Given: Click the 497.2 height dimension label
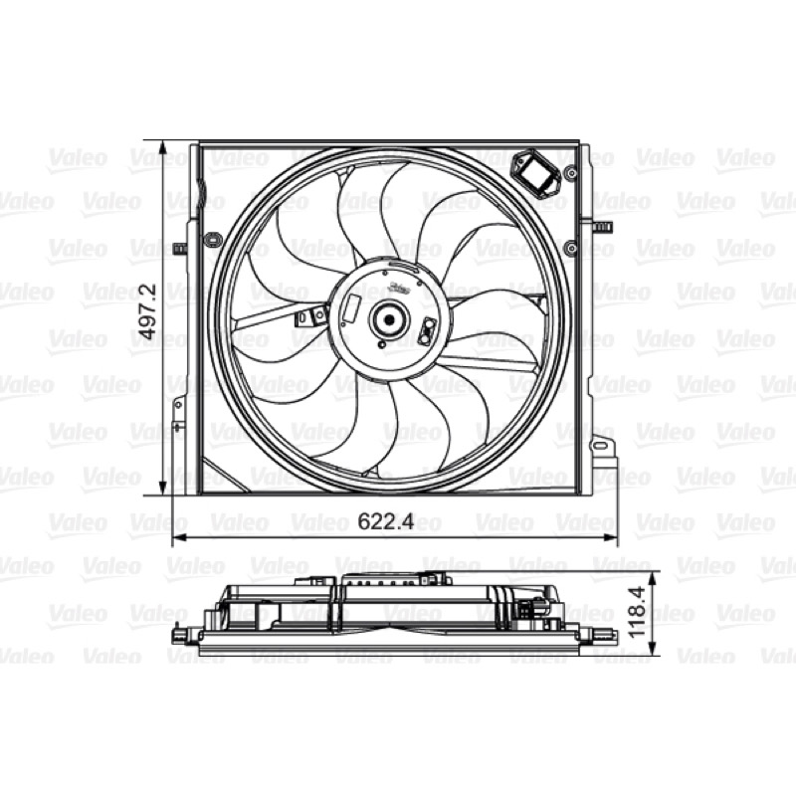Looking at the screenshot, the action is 147,311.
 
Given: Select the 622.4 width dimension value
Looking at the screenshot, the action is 386,521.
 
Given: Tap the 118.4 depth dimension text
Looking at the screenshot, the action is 637,613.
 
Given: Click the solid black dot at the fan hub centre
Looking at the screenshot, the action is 389,319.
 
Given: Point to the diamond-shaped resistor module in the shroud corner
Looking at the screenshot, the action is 536,172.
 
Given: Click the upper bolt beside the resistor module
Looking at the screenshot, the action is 572,172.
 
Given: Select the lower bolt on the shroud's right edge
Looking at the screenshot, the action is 571,248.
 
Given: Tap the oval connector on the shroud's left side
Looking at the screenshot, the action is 212,240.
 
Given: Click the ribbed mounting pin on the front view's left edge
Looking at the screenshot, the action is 180,249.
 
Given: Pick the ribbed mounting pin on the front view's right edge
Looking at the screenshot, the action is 604,227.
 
